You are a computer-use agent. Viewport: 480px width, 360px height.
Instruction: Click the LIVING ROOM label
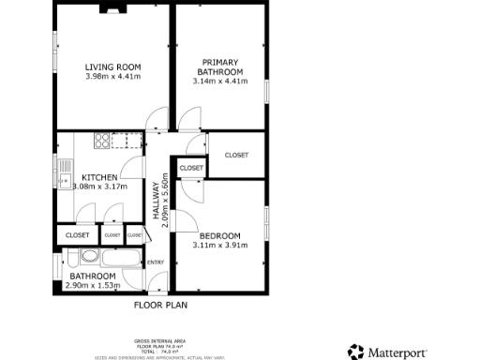(112, 67)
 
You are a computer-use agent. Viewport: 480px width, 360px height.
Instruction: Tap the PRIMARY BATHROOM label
(220, 67)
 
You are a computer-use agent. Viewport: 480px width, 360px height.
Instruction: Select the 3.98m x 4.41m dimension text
(112, 77)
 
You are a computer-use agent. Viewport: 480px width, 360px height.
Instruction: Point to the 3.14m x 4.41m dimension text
(220, 82)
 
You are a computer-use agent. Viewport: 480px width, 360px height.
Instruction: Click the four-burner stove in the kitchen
(100, 142)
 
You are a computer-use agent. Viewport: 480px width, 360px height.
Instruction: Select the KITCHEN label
(99, 177)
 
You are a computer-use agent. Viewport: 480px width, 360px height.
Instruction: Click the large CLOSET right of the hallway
(236, 155)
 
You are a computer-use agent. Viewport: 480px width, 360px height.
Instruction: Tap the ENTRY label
(156, 262)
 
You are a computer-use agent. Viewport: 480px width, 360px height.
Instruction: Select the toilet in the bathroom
(88, 256)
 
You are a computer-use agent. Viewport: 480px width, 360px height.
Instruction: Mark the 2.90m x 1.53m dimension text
(91, 285)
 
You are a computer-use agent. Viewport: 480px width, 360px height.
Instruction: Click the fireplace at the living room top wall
(112, 10)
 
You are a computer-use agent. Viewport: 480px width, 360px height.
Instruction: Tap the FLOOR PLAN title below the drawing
(159, 305)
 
